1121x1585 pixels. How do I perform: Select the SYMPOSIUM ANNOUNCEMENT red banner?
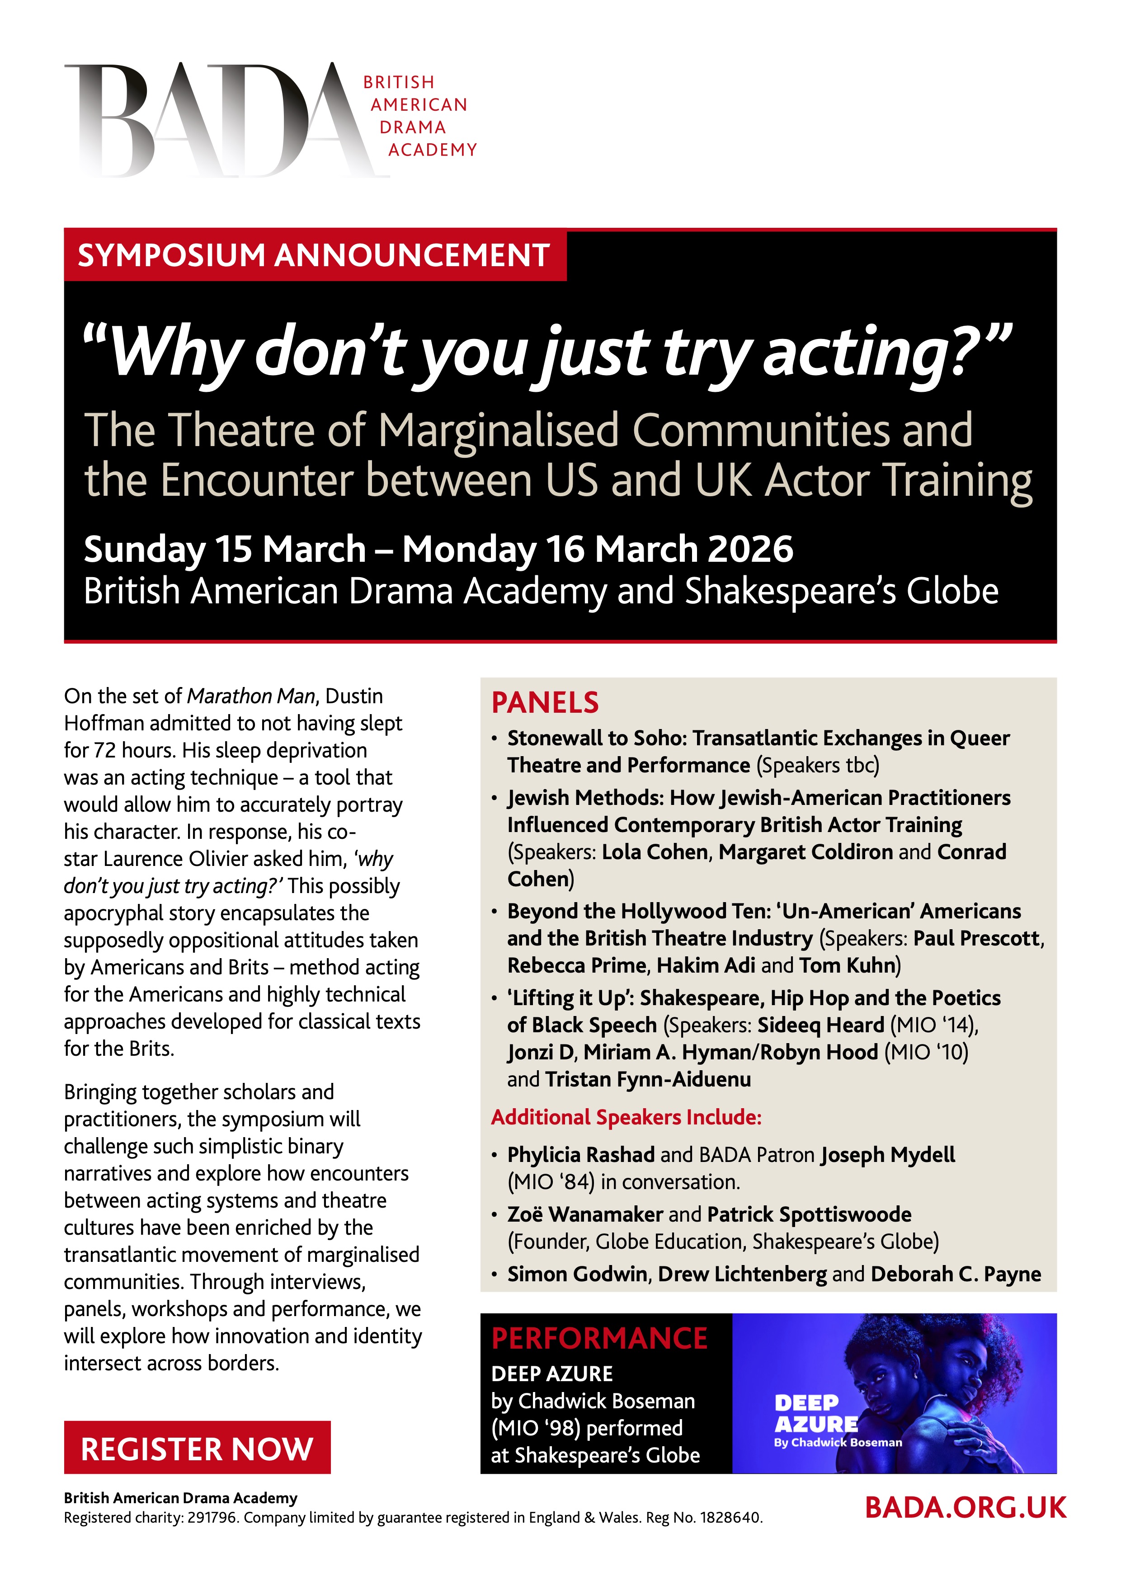(x=314, y=255)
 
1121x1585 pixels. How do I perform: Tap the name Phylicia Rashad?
(x=580, y=1155)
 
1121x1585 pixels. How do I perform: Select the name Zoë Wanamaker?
(x=584, y=1214)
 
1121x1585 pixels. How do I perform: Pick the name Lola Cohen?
(x=655, y=852)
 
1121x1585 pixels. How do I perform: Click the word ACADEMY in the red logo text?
(x=432, y=150)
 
